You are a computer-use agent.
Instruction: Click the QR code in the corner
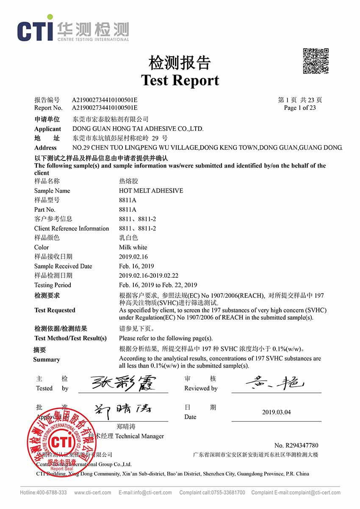pyautogui.click(x=316, y=61)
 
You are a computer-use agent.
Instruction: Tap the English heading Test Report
pyautogui.click(x=180, y=80)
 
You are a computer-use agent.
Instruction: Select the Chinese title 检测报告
pyautogui.click(x=180, y=62)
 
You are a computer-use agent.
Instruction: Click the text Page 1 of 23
pyautogui.click(x=300, y=108)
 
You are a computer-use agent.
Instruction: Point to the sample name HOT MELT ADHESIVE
pyautogui.click(x=151, y=191)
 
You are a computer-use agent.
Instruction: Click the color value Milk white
pyautogui.click(x=133, y=247)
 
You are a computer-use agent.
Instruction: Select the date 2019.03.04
pyautogui.click(x=277, y=412)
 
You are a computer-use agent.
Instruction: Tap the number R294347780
pyautogui.click(x=296, y=445)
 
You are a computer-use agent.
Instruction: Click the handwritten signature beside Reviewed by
pyautogui.click(x=275, y=383)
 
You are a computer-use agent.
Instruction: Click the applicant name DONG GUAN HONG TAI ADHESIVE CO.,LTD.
pyautogui.click(x=138, y=129)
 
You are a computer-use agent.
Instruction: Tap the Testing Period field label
pyautogui.click(x=53, y=285)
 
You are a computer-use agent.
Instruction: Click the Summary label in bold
pyautogui.click(x=47, y=360)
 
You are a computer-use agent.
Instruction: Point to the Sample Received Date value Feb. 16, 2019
pyautogui.click(x=136, y=266)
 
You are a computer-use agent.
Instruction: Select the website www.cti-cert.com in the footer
pyautogui.click(x=93, y=492)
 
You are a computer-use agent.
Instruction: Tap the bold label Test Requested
pyautogui.click(x=55, y=310)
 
